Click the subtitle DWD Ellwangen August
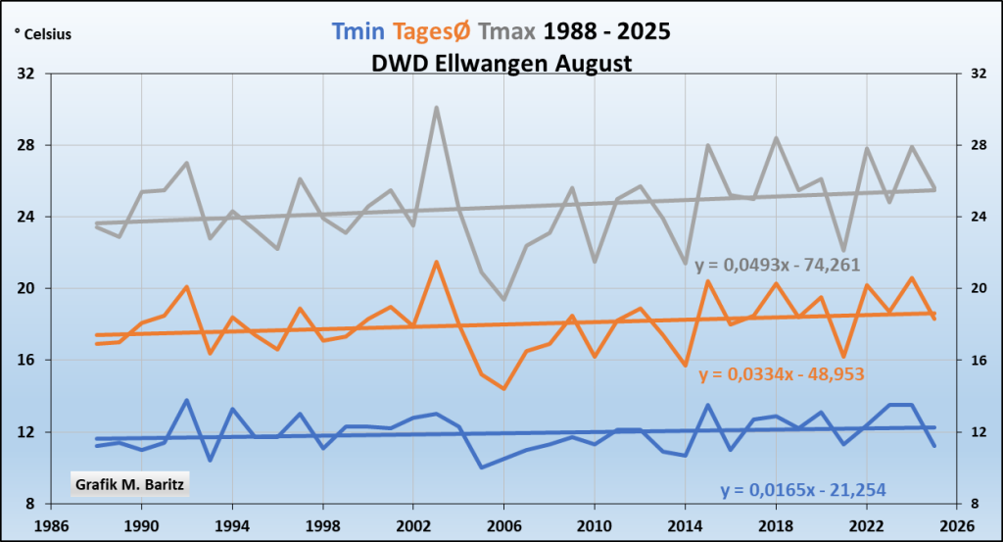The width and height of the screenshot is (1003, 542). point(501,63)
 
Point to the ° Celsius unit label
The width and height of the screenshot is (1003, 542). point(43,35)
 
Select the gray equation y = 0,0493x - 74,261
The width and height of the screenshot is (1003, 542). point(778,266)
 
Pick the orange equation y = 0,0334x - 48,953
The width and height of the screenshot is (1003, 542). point(782,374)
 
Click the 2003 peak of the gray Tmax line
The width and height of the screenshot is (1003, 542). point(437,108)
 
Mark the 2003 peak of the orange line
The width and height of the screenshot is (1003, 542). point(437,262)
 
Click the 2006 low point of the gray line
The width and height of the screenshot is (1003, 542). point(504,299)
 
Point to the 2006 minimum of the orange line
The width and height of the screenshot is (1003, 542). point(504,388)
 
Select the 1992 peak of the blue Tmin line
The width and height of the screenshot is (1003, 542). point(187,400)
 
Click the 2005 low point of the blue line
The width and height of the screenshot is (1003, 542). point(482,467)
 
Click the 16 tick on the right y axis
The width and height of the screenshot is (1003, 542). point(976,360)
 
